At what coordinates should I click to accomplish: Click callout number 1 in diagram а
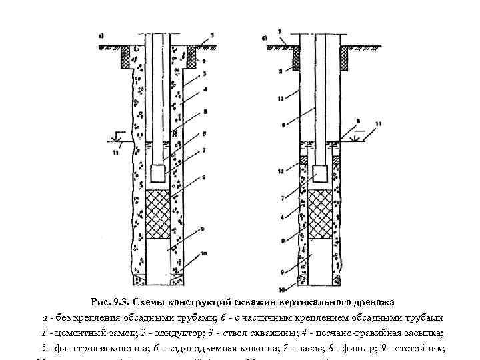[x=212, y=33]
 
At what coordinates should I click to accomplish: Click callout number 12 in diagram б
[x=281, y=171]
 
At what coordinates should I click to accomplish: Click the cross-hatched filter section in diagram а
[x=157, y=213]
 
